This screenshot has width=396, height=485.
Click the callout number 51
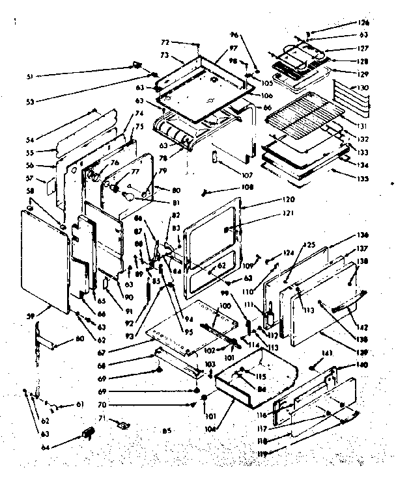tap(30, 78)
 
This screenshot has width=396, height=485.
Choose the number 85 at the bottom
tap(167, 430)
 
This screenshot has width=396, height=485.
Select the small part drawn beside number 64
tap(85, 434)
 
